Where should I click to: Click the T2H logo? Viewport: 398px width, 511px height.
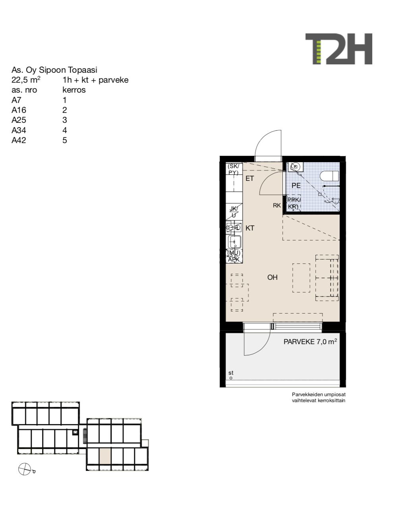tap(338, 49)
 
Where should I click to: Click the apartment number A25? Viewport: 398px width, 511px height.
tap(19, 120)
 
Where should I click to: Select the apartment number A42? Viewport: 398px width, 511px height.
tap(19, 140)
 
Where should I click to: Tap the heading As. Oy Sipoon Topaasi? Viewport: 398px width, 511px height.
tap(54, 70)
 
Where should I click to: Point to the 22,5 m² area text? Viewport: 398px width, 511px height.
tap(26, 80)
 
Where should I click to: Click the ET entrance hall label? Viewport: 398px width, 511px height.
tap(250, 178)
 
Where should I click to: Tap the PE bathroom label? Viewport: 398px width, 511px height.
tap(296, 186)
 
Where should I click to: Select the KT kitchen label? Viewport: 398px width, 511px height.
tap(250, 228)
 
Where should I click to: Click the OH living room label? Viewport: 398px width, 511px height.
tap(272, 277)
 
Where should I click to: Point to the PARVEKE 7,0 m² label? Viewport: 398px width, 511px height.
tap(310, 341)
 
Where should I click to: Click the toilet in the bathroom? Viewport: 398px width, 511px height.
tap(330, 176)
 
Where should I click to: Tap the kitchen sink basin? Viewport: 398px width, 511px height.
tap(234, 242)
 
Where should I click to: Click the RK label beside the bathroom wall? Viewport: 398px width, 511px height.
tap(277, 205)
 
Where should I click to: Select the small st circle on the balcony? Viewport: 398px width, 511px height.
tap(231, 378)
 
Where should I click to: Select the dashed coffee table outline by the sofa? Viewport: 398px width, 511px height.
tap(301, 278)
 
